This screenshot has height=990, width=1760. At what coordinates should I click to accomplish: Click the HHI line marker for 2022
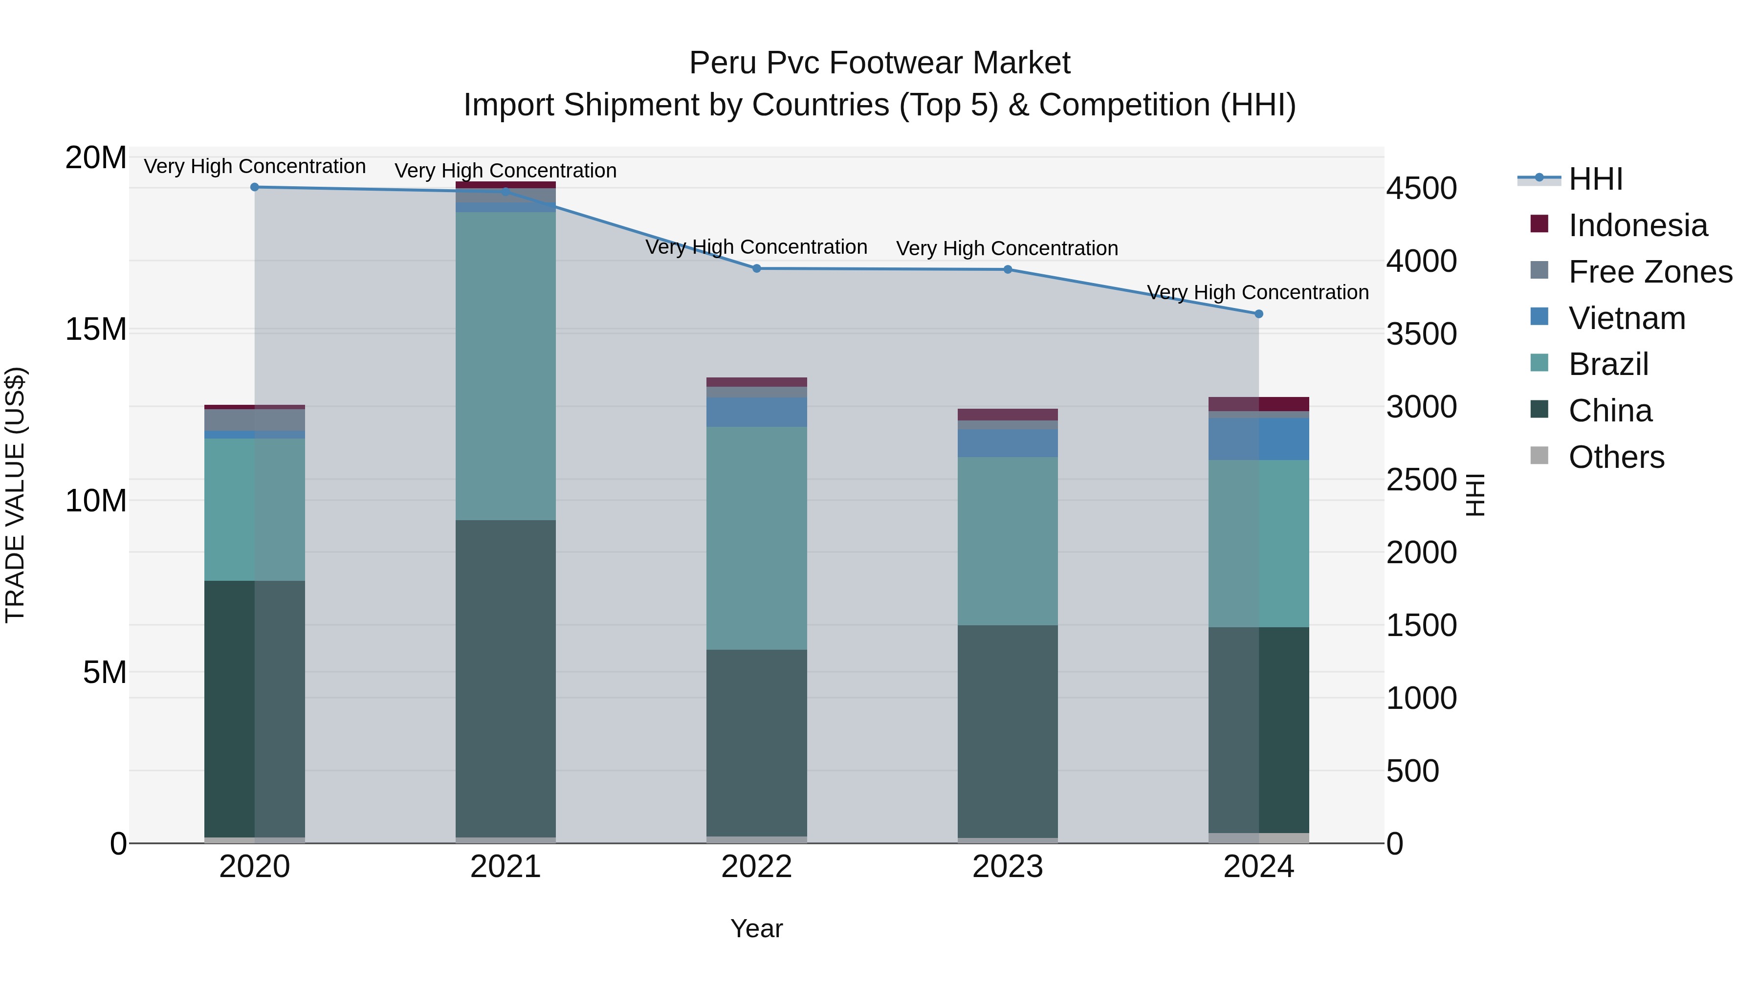pos(756,268)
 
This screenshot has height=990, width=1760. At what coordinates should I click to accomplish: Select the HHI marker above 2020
pos(255,187)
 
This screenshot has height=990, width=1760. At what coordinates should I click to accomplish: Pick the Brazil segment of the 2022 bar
pos(756,538)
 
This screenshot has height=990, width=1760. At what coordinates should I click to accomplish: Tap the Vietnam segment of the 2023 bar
pos(1007,443)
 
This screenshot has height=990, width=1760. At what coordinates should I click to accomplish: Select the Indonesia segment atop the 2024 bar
pos(1258,404)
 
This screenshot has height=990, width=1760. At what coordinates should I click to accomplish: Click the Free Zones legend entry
pos(1650,272)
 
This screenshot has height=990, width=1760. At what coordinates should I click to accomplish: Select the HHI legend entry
pos(1595,179)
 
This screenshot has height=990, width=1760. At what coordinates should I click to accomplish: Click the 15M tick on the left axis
pos(96,330)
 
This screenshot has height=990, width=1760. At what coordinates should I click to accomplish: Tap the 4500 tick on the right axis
pos(1421,189)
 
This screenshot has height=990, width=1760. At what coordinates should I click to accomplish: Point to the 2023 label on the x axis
pos(1007,867)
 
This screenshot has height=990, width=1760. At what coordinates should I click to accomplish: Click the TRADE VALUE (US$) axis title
pos(15,495)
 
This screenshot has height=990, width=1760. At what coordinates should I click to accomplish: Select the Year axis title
pos(756,928)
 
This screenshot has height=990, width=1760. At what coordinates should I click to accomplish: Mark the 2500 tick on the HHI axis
pos(1421,480)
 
